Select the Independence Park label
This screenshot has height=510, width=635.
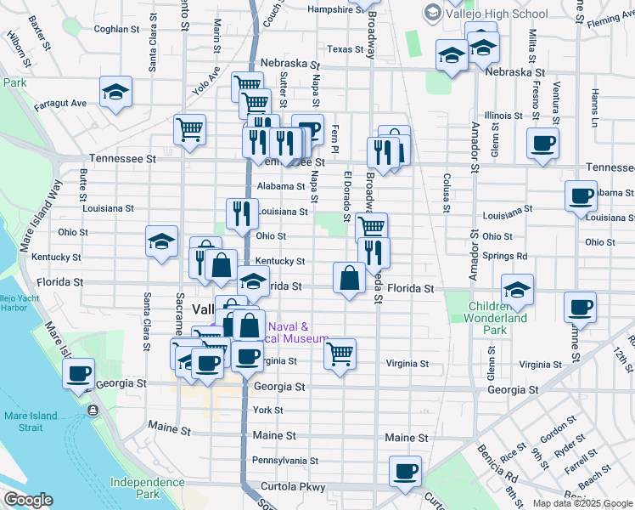click(147, 488)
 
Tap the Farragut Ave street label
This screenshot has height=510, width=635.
click(60, 104)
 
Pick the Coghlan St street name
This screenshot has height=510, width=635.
click(116, 29)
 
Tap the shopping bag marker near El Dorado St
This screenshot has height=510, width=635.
click(350, 277)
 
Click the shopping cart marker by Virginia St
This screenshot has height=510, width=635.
click(340, 353)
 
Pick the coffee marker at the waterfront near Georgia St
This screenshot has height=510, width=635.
click(79, 372)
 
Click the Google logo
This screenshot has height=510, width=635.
click(27, 500)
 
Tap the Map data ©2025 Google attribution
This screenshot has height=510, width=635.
click(582, 503)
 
